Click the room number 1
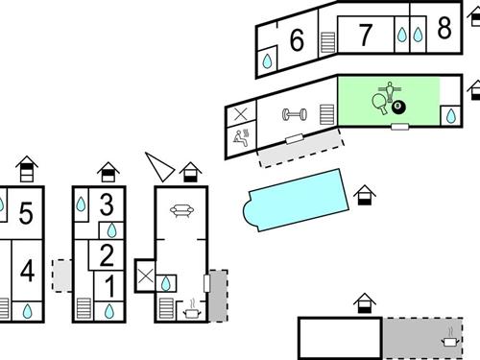tap(108, 285)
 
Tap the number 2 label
tap(108, 255)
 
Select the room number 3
tap(108, 204)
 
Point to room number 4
tap(27, 272)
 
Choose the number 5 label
tap(27, 213)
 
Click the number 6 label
tap(297, 40)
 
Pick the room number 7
tap(365, 36)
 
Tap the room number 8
tap(444, 29)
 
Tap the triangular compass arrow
tap(159, 165)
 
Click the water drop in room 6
tap(268, 60)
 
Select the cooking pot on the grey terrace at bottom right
tap(449, 339)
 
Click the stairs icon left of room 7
tap(328, 43)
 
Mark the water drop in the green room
tap(449, 117)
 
